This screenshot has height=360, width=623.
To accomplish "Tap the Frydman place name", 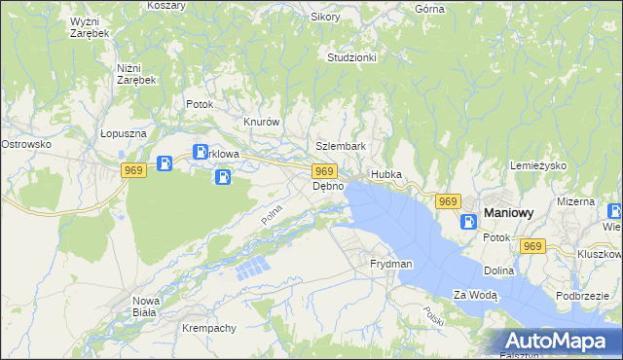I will point(391,264).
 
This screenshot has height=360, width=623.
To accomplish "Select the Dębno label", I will point(328,186).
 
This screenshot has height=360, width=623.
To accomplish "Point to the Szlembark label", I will point(341,146).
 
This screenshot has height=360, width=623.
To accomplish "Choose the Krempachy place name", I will point(209,328).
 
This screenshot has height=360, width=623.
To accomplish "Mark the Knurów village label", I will point(262,123).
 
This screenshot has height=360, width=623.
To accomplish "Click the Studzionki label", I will point(351,57).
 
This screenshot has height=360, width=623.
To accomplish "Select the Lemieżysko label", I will point(537,165).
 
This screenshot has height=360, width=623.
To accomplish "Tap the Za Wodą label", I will point(476,294).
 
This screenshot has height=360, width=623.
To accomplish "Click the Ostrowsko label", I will point(26,144).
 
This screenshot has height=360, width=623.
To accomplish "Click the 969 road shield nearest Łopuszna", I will point(135,170).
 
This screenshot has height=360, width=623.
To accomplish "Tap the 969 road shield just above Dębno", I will point(326,170).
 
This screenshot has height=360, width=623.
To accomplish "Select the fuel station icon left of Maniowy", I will point(469,221).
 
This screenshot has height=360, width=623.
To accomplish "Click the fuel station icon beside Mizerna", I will point(614,211).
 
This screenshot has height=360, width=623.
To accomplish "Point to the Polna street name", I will point(272,212).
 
